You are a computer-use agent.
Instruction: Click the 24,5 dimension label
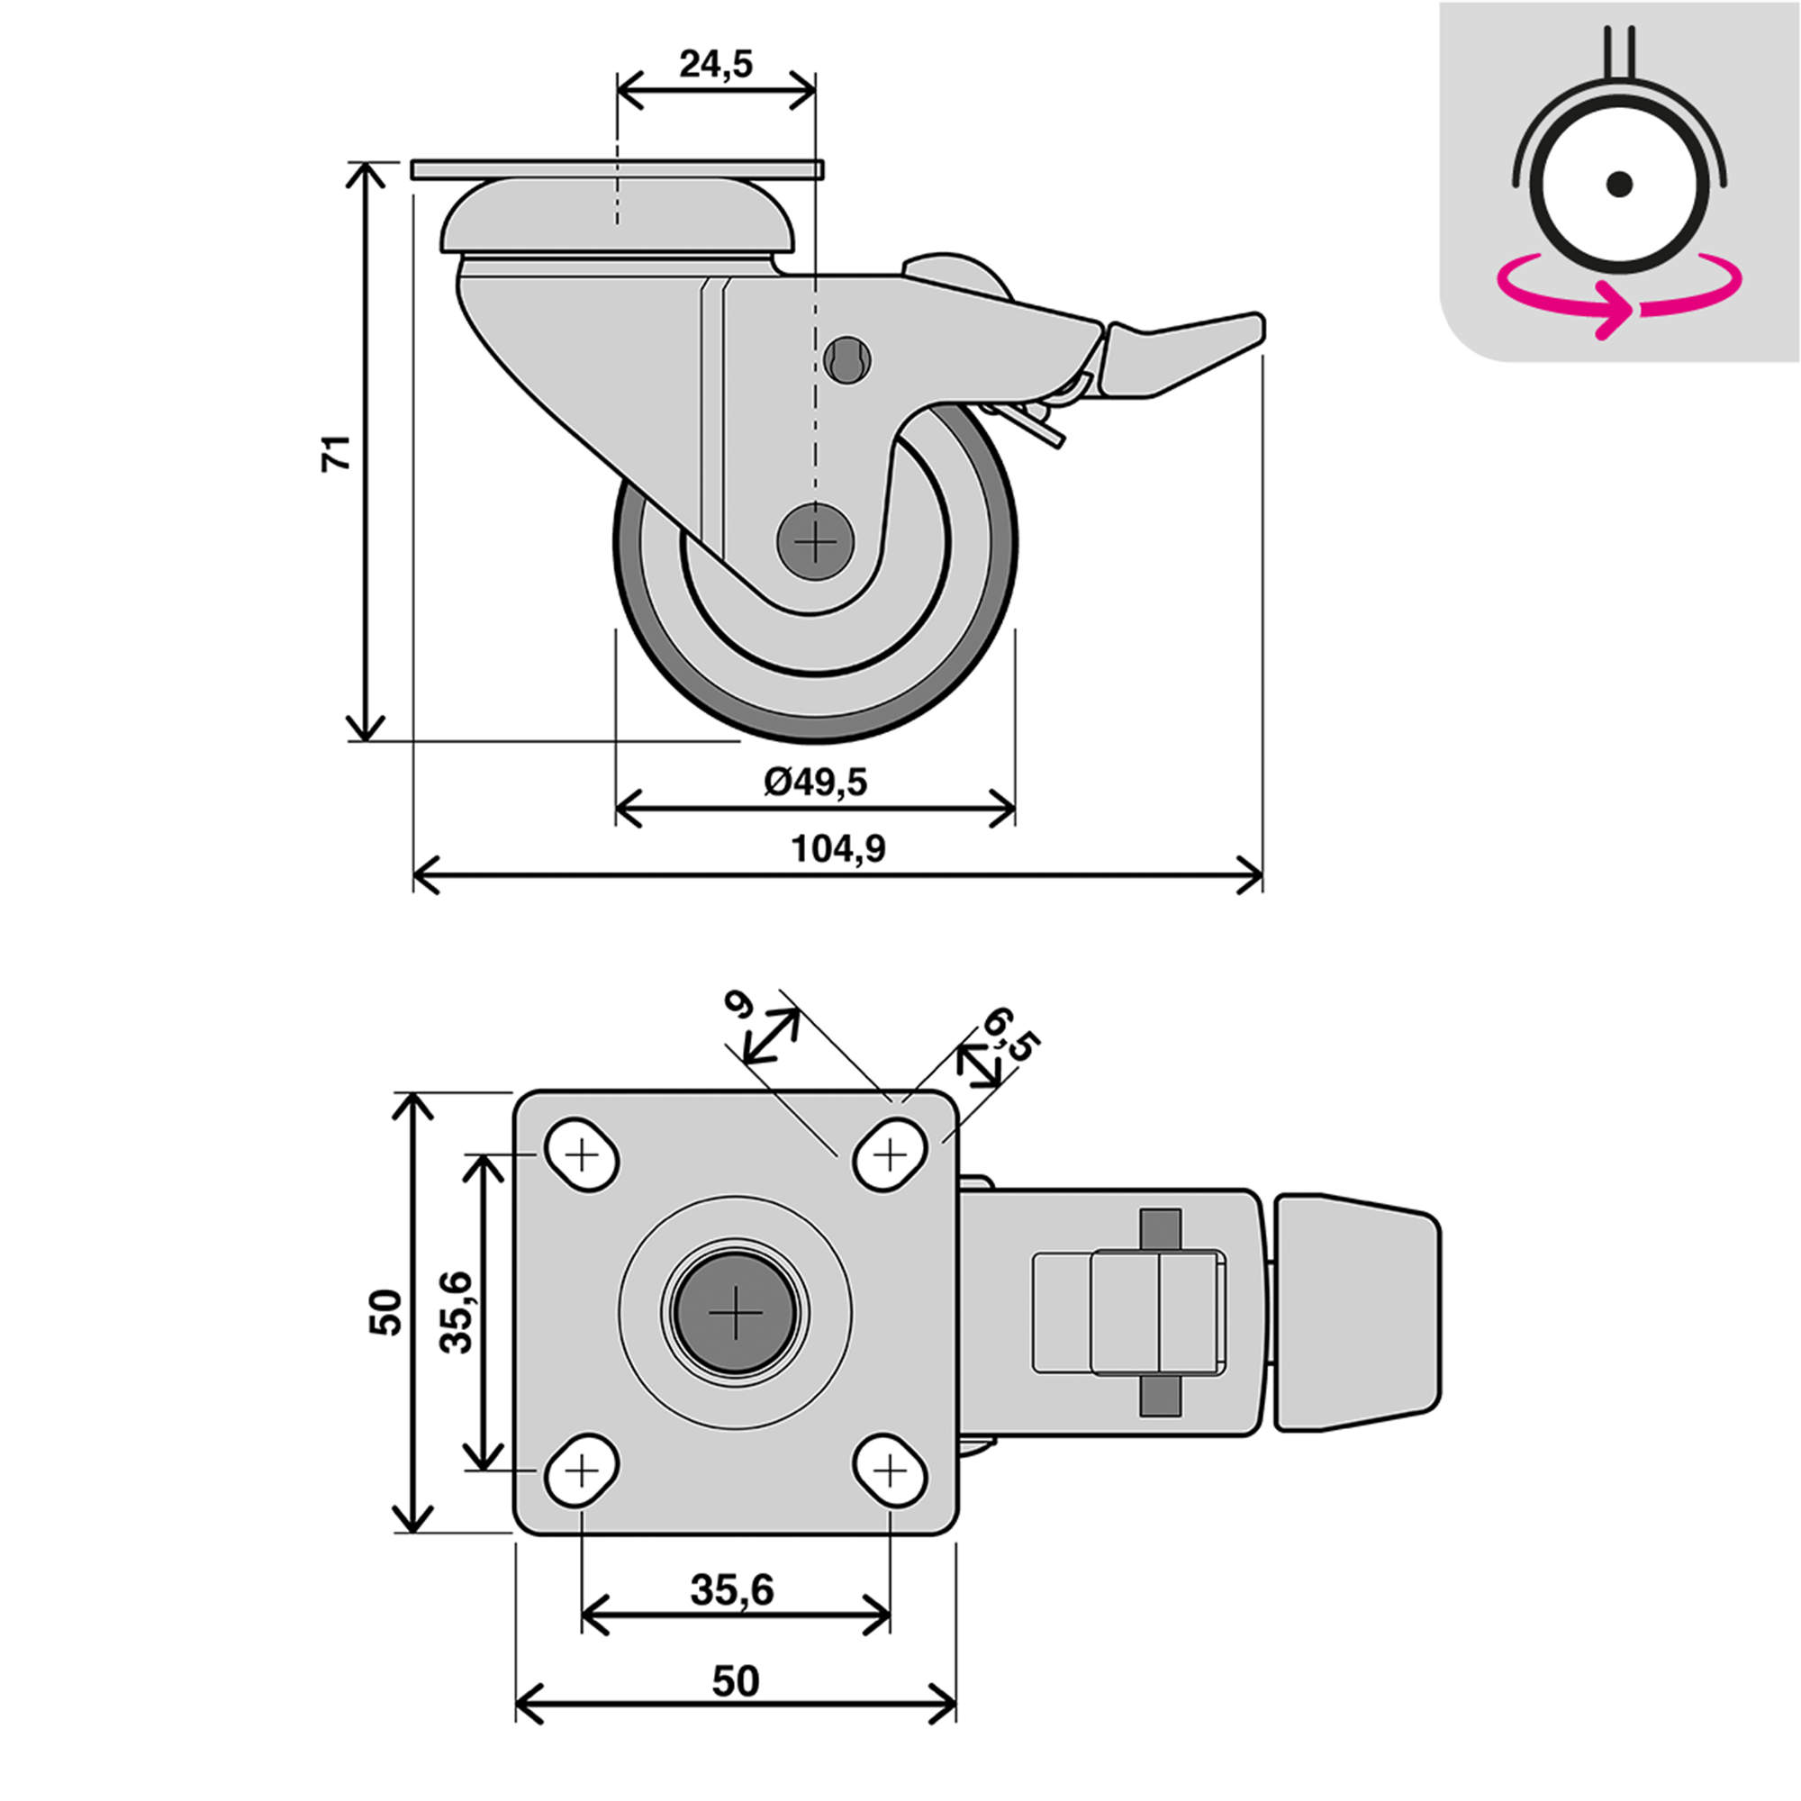click(715, 64)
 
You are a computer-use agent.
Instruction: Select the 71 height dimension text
click(337, 451)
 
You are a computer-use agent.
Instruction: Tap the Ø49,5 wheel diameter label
click(815, 781)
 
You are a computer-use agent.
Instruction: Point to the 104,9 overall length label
click(838, 848)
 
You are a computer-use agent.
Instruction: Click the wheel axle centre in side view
click(816, 541)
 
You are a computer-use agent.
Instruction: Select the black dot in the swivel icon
click(1620, 184)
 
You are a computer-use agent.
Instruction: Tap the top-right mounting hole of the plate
click(891, 1156)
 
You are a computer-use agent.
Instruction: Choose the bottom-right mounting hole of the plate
click(891, 1471)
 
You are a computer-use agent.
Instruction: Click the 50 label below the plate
click(736, 1680)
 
